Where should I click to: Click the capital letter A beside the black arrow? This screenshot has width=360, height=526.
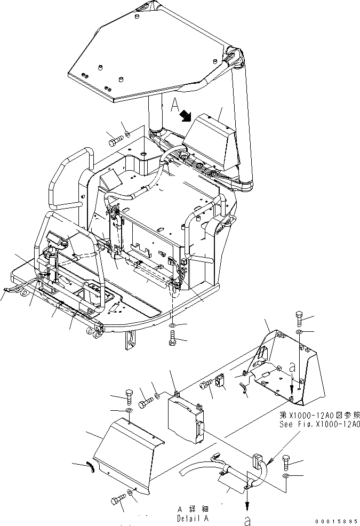coord(174,105)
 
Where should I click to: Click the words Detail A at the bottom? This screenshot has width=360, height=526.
coord(193,518)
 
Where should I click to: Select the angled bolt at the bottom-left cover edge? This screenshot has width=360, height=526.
coord(118,500)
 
